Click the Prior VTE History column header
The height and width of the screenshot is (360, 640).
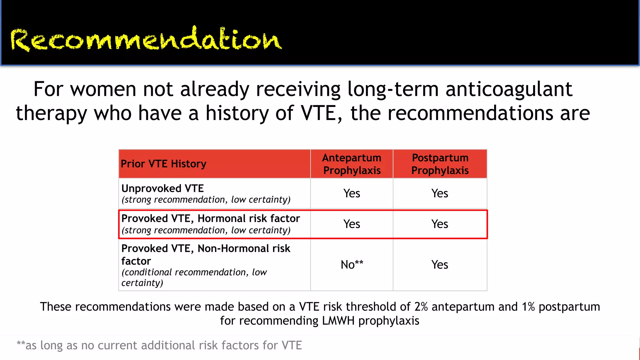163,164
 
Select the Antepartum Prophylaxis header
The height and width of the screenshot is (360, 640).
352,164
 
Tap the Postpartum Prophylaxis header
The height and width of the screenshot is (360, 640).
440,164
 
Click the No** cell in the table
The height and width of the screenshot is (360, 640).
352,265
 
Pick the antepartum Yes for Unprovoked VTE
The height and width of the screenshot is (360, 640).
352,193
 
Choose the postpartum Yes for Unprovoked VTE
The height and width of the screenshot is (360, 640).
440,193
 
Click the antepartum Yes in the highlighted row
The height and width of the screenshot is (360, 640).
352,224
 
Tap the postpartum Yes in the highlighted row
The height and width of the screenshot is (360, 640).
440,224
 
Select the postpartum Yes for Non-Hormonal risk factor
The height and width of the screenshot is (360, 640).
440,265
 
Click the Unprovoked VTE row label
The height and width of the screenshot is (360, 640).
162,188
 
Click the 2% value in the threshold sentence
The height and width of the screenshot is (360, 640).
421,307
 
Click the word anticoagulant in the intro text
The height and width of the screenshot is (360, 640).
509,89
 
